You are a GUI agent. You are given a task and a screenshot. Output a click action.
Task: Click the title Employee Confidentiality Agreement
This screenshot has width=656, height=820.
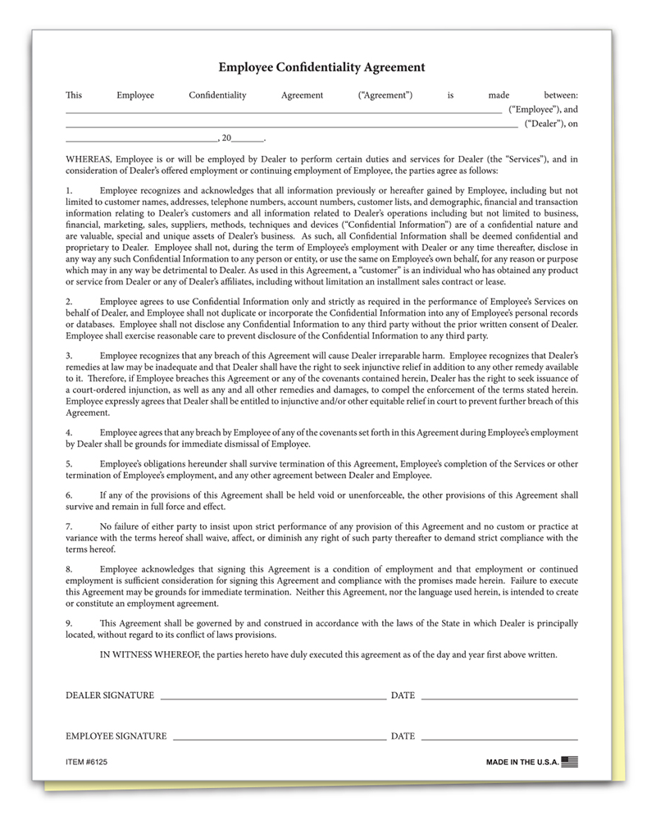pyautogui.click(x=321, y=67)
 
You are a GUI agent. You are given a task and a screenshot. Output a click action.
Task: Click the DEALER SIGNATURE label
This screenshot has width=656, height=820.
pyautogui.click(x=110, y=695)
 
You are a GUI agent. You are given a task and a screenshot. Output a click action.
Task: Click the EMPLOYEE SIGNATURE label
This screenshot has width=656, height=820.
pyautogui.click(x=116, y=736)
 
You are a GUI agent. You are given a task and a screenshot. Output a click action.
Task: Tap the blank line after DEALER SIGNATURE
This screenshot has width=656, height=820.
pyautogui.click(x=273, y=698)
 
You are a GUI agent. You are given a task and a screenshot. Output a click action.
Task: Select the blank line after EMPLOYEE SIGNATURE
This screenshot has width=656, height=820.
pyautogui.click(x=280, y=739)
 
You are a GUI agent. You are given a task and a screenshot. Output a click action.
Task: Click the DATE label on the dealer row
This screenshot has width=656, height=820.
pyautogui.click(x=403, y=695)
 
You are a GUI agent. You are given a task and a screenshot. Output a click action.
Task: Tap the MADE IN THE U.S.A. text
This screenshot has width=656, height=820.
pyautogui.click(x=522, y=762)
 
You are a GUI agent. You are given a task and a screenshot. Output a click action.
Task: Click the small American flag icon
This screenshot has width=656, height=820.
pyautogui.click(x=570, y=761)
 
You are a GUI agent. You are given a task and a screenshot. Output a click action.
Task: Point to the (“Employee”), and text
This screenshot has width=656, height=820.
pyautogui.click(x=543, y=109)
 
